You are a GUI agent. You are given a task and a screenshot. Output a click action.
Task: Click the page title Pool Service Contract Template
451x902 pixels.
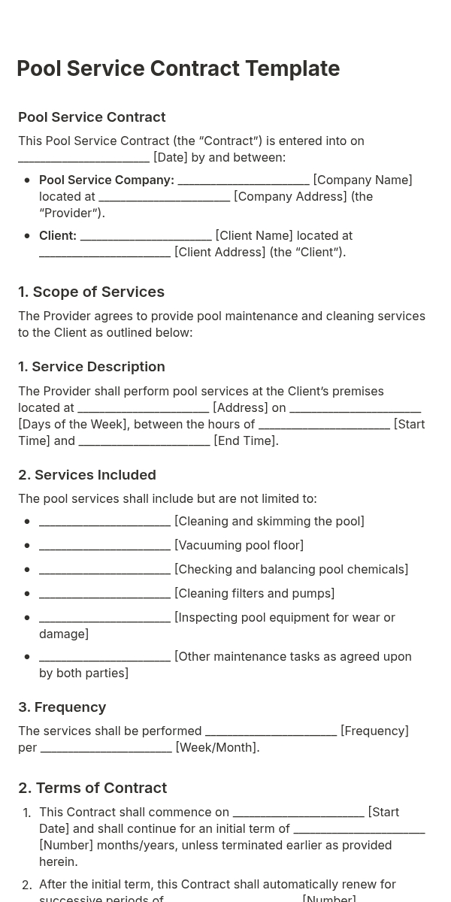tap(178, 68)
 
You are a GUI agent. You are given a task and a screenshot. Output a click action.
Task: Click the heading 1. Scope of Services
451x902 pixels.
tap(91, 292)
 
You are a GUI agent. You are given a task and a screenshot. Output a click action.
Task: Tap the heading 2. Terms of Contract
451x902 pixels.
tap(92, 788)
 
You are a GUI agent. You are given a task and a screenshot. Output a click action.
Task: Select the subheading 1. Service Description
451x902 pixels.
tap(91, 367)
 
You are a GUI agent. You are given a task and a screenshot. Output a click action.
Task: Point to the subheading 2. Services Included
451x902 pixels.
tap(87, 475)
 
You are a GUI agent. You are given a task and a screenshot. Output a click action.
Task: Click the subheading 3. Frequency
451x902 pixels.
tap(62, 707)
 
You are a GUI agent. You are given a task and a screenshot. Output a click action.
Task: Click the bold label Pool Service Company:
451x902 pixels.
tap(107, 180)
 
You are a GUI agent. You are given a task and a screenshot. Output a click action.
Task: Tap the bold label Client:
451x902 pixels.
tap(58, 236)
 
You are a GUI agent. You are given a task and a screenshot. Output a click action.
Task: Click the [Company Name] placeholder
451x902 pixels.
tap(362, 180)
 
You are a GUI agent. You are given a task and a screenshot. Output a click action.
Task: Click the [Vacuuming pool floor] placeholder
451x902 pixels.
tap(239, 546)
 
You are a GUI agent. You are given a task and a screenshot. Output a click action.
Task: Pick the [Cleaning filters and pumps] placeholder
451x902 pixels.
tap(254, 594)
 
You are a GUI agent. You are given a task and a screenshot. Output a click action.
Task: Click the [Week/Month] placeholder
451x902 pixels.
tap(216, 748)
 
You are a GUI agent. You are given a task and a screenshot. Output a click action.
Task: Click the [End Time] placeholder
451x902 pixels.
tap(245, 441)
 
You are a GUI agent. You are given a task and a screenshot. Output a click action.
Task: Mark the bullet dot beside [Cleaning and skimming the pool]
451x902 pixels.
tap(27, 522)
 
